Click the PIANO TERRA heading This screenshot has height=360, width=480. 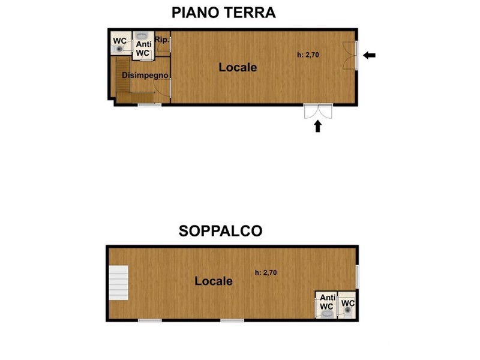tap(223, 13)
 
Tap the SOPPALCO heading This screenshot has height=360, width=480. tap(220, 231)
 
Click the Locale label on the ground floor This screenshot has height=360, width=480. tap(238, 67)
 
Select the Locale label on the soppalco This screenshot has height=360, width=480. tap(214, 281)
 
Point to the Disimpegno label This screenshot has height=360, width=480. tap(145, 76)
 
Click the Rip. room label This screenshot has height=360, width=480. tap(162, 40)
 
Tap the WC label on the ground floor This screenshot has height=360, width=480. tap(119, 41)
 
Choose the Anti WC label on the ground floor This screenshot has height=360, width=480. tap(143, 49)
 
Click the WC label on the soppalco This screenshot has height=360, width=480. tap(348, 304)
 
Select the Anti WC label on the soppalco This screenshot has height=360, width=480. tap(327, 302)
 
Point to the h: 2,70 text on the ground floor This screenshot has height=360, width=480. tap(308, 55)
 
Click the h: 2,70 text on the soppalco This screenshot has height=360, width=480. tap(266, 272)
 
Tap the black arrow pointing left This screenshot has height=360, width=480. tap(369, 55)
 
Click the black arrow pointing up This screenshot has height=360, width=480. tap(318, 126)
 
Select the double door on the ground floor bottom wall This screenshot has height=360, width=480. tap(318, 111)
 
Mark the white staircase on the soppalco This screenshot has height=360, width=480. tap(118, 283)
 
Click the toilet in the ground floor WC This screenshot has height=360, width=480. tap(118, 49)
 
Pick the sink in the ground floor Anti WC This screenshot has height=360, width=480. tap(142, 35)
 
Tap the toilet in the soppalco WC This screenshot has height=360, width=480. tap(348, 311)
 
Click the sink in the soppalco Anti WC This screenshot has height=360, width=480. tap(328, 314)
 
